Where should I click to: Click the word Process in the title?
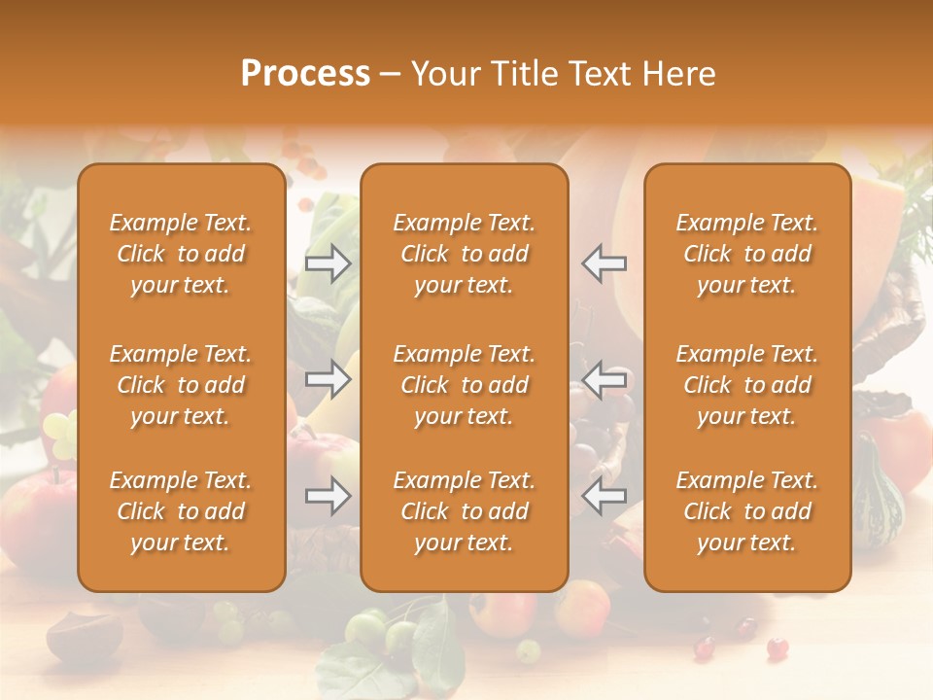pos(305,73)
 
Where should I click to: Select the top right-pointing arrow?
pos(328,262)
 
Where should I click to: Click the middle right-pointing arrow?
pos(328,378)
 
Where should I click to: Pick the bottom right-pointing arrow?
pos(328,496)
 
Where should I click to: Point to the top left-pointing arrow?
pos(605,262)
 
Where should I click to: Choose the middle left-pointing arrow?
pos(605,378)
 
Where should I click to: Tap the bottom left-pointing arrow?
pos(605,496)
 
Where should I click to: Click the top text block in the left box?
pos(181,254)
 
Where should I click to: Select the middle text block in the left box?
pos(181,385)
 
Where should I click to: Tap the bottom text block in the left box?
pos(181,511)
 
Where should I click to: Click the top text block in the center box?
pos(465,254)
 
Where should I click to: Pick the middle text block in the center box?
pos(465,385)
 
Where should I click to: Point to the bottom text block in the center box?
pos(465,511)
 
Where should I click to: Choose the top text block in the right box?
pos(747,254)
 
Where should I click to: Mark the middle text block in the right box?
pos(747,385)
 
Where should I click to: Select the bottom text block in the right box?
pos(747,511)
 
